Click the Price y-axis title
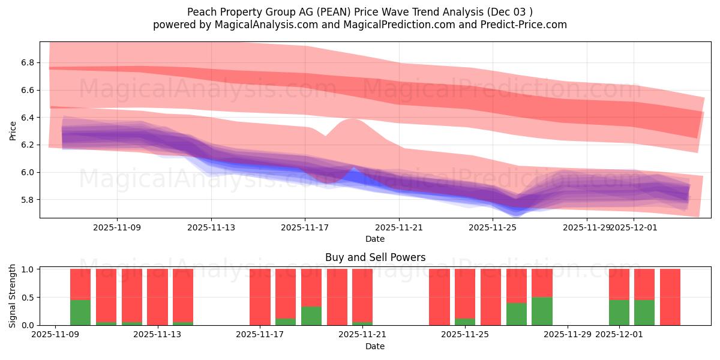click(13, 130)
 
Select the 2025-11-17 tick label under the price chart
click(305, 227)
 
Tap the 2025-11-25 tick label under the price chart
click(493, 227)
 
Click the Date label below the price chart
click(375, 239)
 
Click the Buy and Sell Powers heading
click(375, 257)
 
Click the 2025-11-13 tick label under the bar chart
click(158, 335)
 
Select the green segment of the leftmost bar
click(80, 312)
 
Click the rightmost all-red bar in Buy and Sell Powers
click(670, 297)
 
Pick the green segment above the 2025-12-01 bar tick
click(619, 312)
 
